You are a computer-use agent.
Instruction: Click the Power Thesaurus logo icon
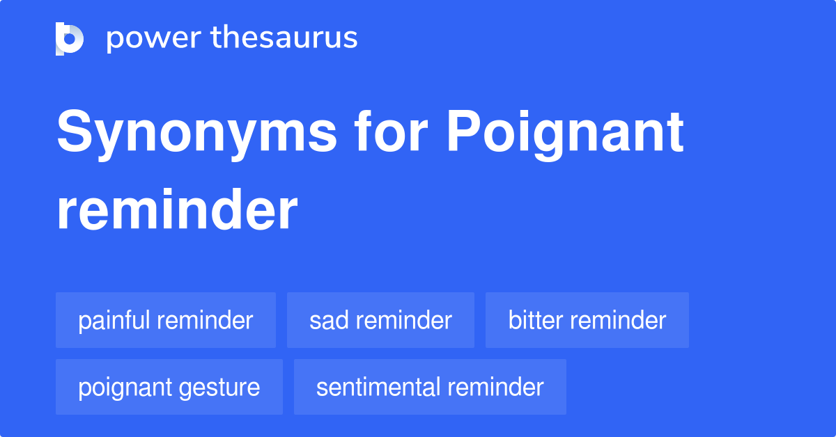70,38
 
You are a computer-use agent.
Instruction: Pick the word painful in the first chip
114,320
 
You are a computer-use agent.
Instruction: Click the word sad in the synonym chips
326,320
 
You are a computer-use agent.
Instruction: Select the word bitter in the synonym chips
532,320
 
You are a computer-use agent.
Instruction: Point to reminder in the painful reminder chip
205,320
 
